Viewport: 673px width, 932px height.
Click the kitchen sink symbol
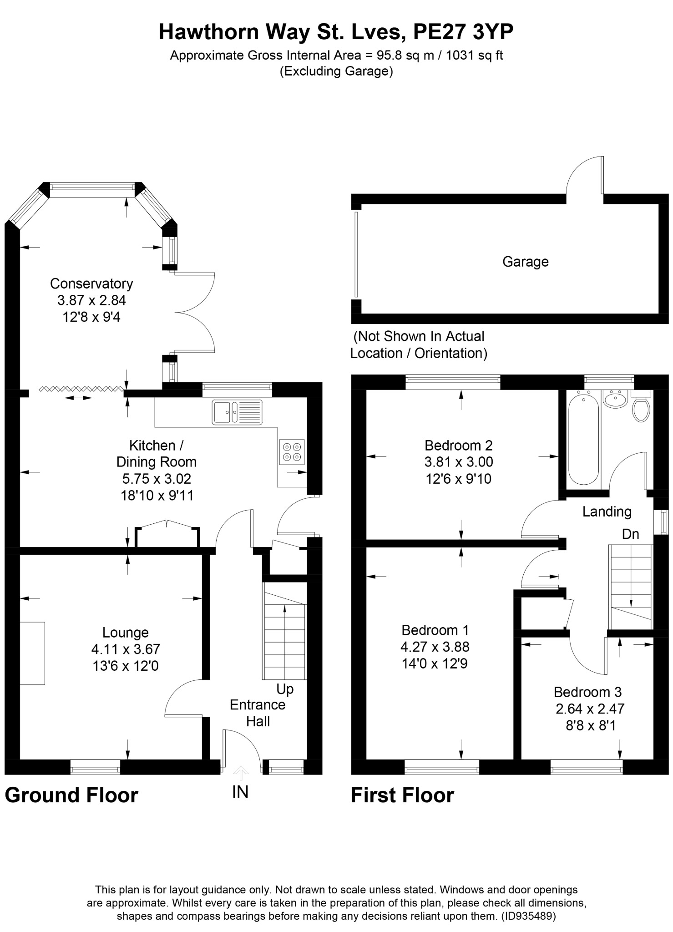[x=237, y=412]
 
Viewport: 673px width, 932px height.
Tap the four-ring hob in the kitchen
[x=292, y=451]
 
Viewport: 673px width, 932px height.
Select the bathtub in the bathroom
[x=583, y=439]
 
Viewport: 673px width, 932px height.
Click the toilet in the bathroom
[x=641, y=408]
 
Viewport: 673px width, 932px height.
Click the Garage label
[x=525, y=262]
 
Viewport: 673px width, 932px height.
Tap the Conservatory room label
[x=91, y=284]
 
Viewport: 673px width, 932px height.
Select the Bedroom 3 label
[x=587, y=692]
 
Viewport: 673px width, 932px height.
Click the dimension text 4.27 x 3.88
[x=435, y=647]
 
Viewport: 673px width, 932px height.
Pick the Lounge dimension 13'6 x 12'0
[x=126, y=666]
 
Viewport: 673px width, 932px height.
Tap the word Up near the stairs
[x=285, y=689]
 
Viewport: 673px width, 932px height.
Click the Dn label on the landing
[x=630, y=534]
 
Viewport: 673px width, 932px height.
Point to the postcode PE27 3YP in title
[x=463, y=32]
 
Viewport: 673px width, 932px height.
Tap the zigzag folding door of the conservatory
[x=81, y=388]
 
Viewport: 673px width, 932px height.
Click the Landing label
[x=607, y=512]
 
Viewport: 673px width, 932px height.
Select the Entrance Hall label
[x=258, y=713]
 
